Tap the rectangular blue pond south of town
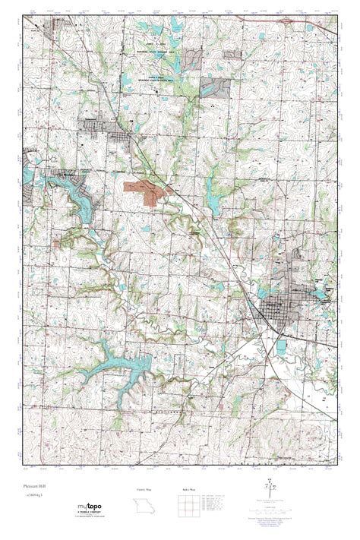point(284,346)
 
